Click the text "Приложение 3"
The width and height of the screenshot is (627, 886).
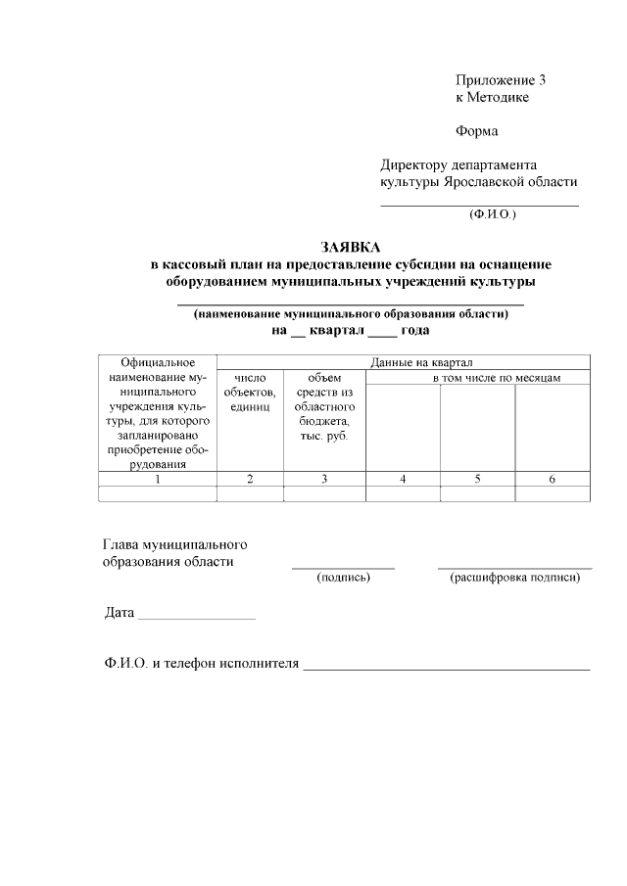(500, 79)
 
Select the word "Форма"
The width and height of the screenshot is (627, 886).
(477, 131)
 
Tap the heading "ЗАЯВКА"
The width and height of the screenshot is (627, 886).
(351, 247)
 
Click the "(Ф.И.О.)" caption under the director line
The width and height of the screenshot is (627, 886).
(492, 213)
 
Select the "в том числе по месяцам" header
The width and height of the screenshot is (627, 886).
(497, 378)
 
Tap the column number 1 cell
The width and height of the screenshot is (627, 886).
(157, 479)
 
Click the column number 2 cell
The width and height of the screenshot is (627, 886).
(250, 479)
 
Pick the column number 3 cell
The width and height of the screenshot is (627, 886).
(324, 479)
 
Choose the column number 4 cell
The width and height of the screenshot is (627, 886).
(403, 479)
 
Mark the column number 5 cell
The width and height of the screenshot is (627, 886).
(477, 479)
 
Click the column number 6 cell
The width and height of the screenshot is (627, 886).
(553, 479)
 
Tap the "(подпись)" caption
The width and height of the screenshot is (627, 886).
(343, 578)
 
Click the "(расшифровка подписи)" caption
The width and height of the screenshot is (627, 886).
(514, 578)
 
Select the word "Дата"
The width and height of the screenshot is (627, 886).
(120, 614)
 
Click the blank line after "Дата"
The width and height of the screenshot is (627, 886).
(197, 618)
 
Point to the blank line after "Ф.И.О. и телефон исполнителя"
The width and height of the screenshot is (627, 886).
(447, 668)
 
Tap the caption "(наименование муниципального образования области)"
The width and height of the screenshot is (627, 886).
(351, 314)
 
